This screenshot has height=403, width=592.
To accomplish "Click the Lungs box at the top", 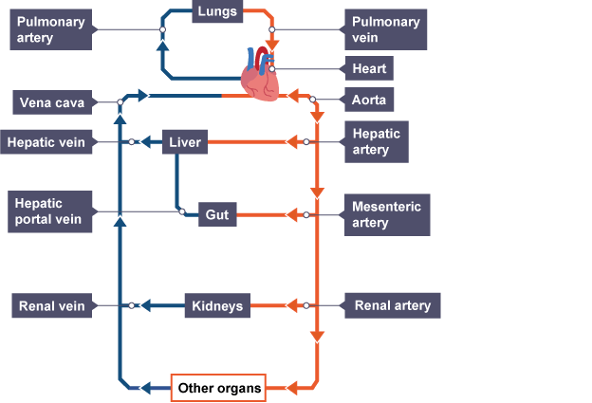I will click(x=217, y=12).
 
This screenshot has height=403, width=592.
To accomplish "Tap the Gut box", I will click(x=216, y=215).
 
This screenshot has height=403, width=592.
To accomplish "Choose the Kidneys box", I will click(x=217, y=306).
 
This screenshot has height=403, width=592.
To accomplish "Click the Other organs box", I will click(x=218, y=387).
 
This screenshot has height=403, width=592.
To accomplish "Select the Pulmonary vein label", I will click(x=384, y=29).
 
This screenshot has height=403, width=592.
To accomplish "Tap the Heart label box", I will click(x=366, y=69).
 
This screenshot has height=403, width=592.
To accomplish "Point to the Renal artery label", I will click(x=392, y=305).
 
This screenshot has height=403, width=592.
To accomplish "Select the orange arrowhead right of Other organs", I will click(x=292, y=387).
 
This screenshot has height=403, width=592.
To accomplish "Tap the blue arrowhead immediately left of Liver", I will click(x=147, y=142).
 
